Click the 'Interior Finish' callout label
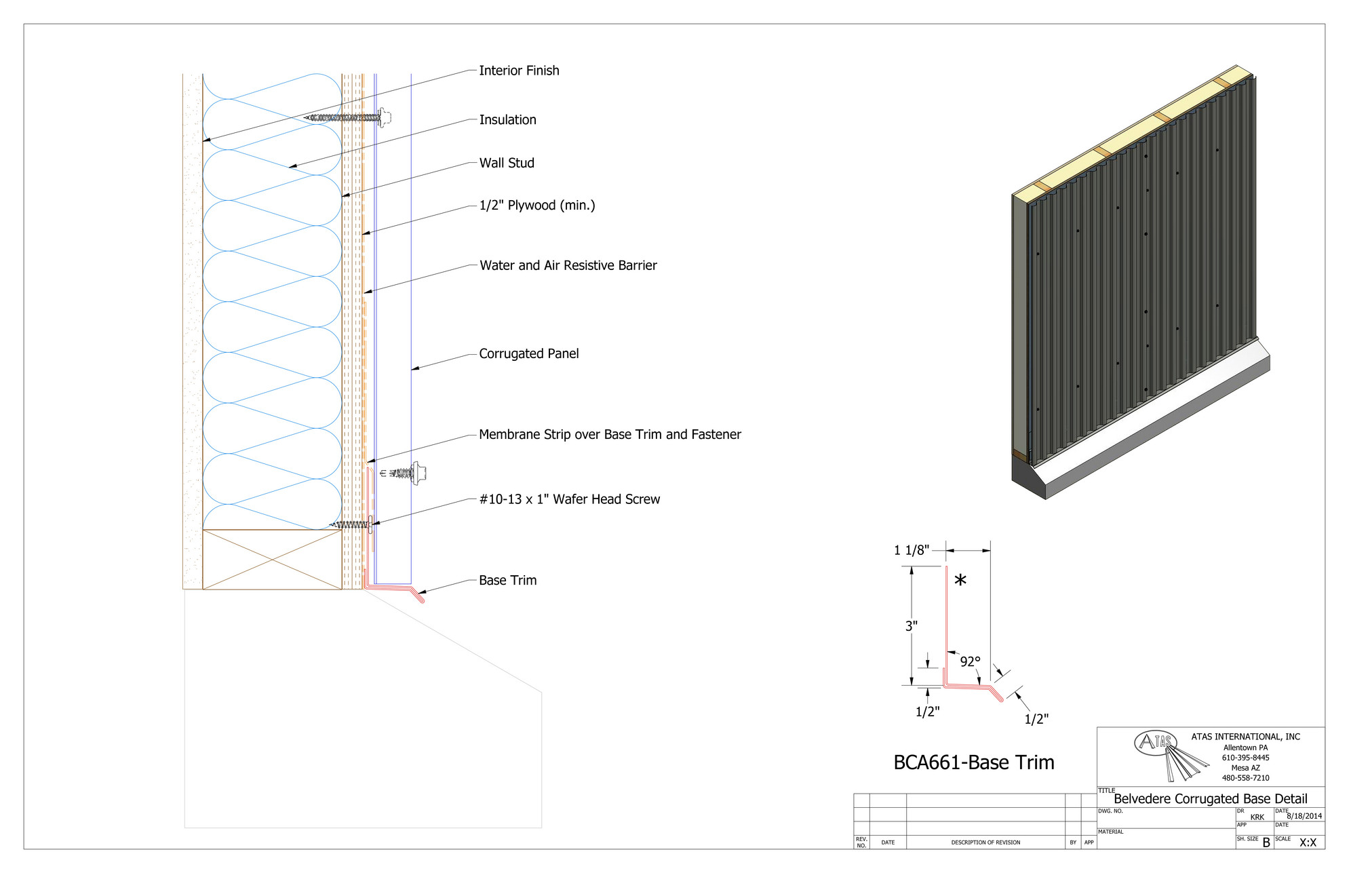[x=519, y=71]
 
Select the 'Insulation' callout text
[x=507, y=120]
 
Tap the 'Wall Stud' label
[x=507, y=163]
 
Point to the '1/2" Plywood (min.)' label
[x=537, y=206]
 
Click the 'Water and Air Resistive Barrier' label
[x=568, y=265]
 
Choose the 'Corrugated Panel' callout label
[x=528, y=353]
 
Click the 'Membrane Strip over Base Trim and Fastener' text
[x=610, y=434]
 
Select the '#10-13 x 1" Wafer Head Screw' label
[x=569, y=499]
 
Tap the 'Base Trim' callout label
[x=507, y=580]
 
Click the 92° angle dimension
[x=970, y=661]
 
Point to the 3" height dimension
[x=912, y=626]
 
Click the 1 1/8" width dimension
[x=911, y=550]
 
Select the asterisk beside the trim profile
[x=960, y=581]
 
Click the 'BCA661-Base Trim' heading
[x=973, y=762]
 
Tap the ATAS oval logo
[x=1154, y=742]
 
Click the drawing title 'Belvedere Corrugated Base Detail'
[x=1210, y=798]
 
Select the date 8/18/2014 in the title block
[x=1304, y=816]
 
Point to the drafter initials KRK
[x=1257, y=817]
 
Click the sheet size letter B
[x=1266, y=842]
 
